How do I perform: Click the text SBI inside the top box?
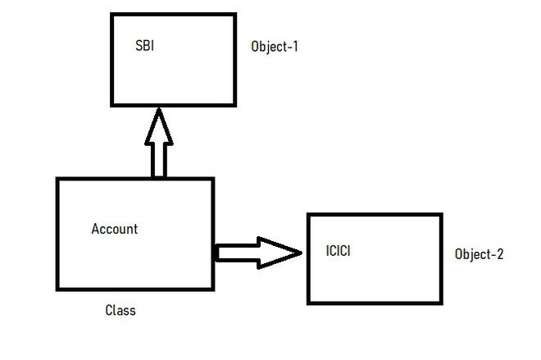pos(144,46)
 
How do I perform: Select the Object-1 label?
pos(274,47)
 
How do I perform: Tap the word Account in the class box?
pos(114,229)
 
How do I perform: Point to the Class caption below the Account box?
pos(120,311)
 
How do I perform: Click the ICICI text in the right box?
pos(338,251)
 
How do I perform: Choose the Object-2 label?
pos(479,254)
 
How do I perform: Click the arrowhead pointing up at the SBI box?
pos(159,126)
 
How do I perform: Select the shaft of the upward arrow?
pos(159,161)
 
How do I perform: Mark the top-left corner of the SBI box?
pos(111,14)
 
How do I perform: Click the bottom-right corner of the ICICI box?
pos(442,303)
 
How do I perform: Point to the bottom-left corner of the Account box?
pos(57,289)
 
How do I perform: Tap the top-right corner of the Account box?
pos(213,179)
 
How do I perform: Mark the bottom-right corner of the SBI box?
pos(235,105)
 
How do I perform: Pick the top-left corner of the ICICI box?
pos(307,214)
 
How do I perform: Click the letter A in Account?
pos(95,229)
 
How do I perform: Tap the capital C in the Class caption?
pos(109,311)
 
